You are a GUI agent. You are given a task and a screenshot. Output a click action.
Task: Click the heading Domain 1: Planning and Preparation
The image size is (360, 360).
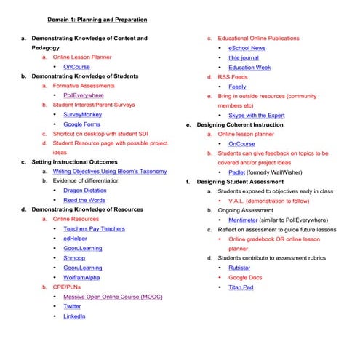coord(97,19)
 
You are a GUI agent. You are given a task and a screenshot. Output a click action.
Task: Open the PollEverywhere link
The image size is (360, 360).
coord(83,95)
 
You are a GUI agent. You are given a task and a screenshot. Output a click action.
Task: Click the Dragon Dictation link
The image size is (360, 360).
coord(84,191)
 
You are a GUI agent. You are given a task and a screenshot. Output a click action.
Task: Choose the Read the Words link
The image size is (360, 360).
coord(84,200)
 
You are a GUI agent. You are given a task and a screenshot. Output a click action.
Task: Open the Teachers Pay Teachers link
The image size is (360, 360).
coord(94,228)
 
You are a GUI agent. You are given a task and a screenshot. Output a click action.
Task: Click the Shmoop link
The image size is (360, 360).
coord(74,257)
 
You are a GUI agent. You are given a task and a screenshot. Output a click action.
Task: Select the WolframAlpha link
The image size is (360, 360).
coord(82,276)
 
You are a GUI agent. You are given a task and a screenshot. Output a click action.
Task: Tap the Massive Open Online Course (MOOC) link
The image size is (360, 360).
coord(113,297)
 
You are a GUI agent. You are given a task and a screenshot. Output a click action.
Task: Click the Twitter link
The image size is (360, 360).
coord(72,306)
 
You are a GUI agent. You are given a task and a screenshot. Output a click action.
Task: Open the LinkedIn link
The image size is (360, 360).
coord(74,316)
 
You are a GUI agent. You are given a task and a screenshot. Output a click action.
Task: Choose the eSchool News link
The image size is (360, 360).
coord(247,48)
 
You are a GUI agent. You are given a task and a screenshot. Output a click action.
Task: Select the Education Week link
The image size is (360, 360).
coord(249,67)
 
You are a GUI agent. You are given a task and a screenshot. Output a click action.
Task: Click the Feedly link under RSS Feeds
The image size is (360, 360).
coord(237,87)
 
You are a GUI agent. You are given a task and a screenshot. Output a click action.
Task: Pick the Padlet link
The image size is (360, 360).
coord(237,172)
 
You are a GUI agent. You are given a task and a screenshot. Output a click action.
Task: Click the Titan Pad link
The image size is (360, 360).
coord(241,287)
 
